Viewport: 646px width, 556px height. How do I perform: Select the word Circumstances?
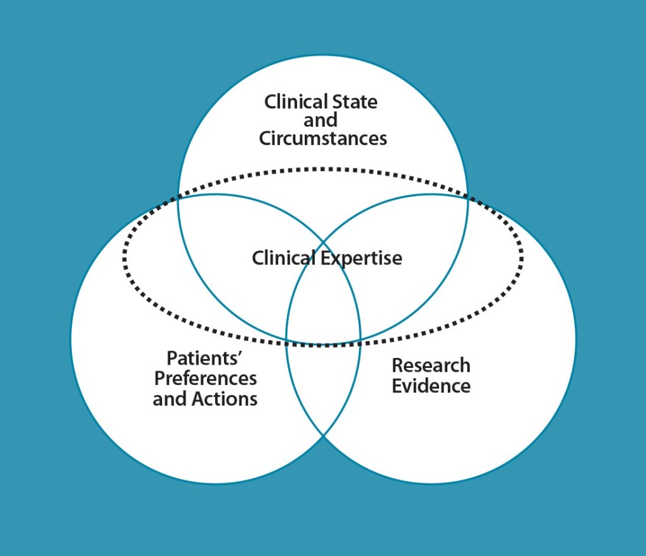[x=323, y=138]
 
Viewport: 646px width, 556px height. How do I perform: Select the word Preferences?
[x=206, y=379]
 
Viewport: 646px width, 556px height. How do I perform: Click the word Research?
[x=431, y=365]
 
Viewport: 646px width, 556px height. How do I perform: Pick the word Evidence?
[x=431, y=386]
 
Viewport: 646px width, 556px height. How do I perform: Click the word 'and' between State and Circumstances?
[x=320, y=120]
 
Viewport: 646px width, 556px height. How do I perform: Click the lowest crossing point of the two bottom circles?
[x=323, y=435]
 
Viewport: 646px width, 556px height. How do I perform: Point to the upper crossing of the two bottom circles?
[x=323, y=242]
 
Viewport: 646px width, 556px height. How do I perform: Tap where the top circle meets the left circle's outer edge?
[x=179, y=196]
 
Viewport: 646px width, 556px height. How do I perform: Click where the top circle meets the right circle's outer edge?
[x=467, y=196]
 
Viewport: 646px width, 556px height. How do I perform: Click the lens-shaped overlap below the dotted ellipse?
[x=323, y=385]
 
